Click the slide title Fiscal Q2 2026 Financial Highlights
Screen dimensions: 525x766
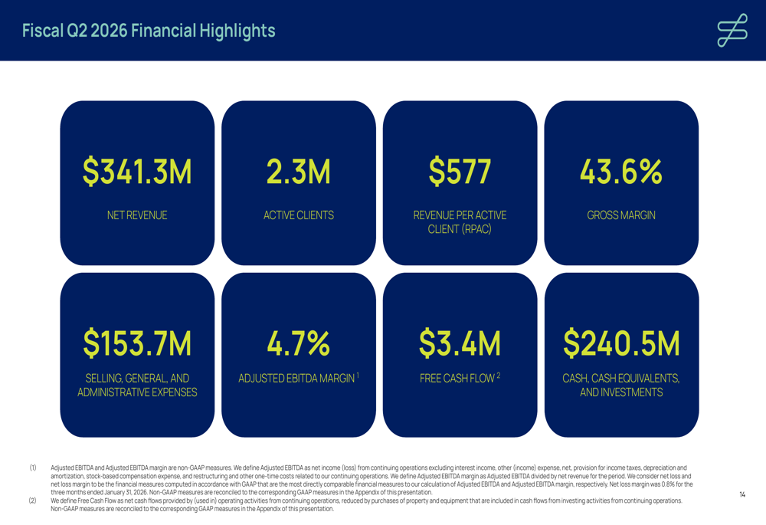click(x=149, y=31)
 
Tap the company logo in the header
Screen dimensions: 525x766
click(x=732, y=31)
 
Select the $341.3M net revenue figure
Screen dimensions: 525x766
click(x=137, y=172)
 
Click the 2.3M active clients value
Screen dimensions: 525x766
click(x=299, y=172)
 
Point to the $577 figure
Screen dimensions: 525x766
click(x=460, y=172)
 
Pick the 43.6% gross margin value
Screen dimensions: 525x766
click(x=621, y=172)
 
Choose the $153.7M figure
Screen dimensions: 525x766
click(x=137, y=343)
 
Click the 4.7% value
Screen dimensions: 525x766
click(x=299, y=343)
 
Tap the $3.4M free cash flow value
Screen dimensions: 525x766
click(x=460, y=343)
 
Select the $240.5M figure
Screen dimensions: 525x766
click(x=621, y=343)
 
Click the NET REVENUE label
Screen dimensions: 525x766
click(x=137, y=215)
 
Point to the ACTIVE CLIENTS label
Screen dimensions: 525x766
click(x=299, y=215)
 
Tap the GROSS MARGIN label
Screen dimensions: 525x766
click(x=621, y=215)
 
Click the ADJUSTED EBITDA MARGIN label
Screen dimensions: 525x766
click(x=296, y=379)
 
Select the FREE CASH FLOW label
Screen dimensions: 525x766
click(x=457, y=379)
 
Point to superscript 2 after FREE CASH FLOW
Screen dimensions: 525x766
click(x=498, y=375)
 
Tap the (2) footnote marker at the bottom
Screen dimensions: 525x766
click(x=33, y=501)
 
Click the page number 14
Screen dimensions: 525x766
click(x=742, y=495)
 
